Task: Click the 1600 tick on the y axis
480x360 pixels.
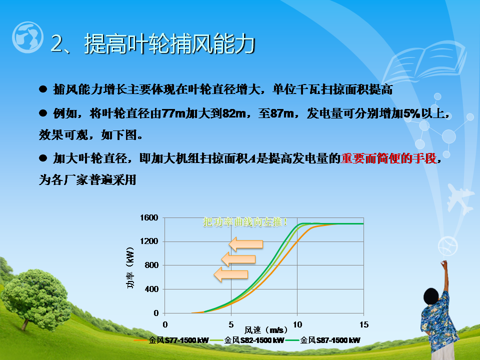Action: click(x=149, y=218)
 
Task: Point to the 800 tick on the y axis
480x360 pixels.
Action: click(x=151, y=265)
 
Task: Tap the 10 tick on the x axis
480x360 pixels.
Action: click(x=297, y=324)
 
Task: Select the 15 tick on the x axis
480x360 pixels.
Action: click(x=363, y=324)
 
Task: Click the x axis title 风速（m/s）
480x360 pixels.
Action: click(x=266, y=330)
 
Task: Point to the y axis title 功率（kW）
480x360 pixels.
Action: click(x=130, y=267)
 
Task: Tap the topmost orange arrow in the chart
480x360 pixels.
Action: click(x=246, y=244)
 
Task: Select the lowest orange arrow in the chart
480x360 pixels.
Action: click(x=231, y=274)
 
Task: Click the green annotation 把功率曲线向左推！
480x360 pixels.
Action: click(x=245, y=222)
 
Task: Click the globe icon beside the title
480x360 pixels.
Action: click(x=27, y=37)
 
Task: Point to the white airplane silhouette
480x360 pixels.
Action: click(x=459, y=198)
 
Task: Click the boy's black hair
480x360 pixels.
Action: click(x=431, y=296)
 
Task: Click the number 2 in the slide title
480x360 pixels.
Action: click(x=56, y=43)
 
